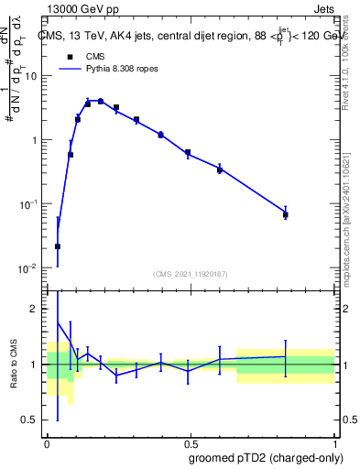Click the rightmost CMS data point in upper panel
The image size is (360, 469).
click(x=286, y=214)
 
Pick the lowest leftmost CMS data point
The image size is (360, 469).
click(x=58, y=246)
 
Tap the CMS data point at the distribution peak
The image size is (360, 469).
click(x=100, y=101)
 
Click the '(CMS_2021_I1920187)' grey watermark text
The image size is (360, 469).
click(x=190, y=273)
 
